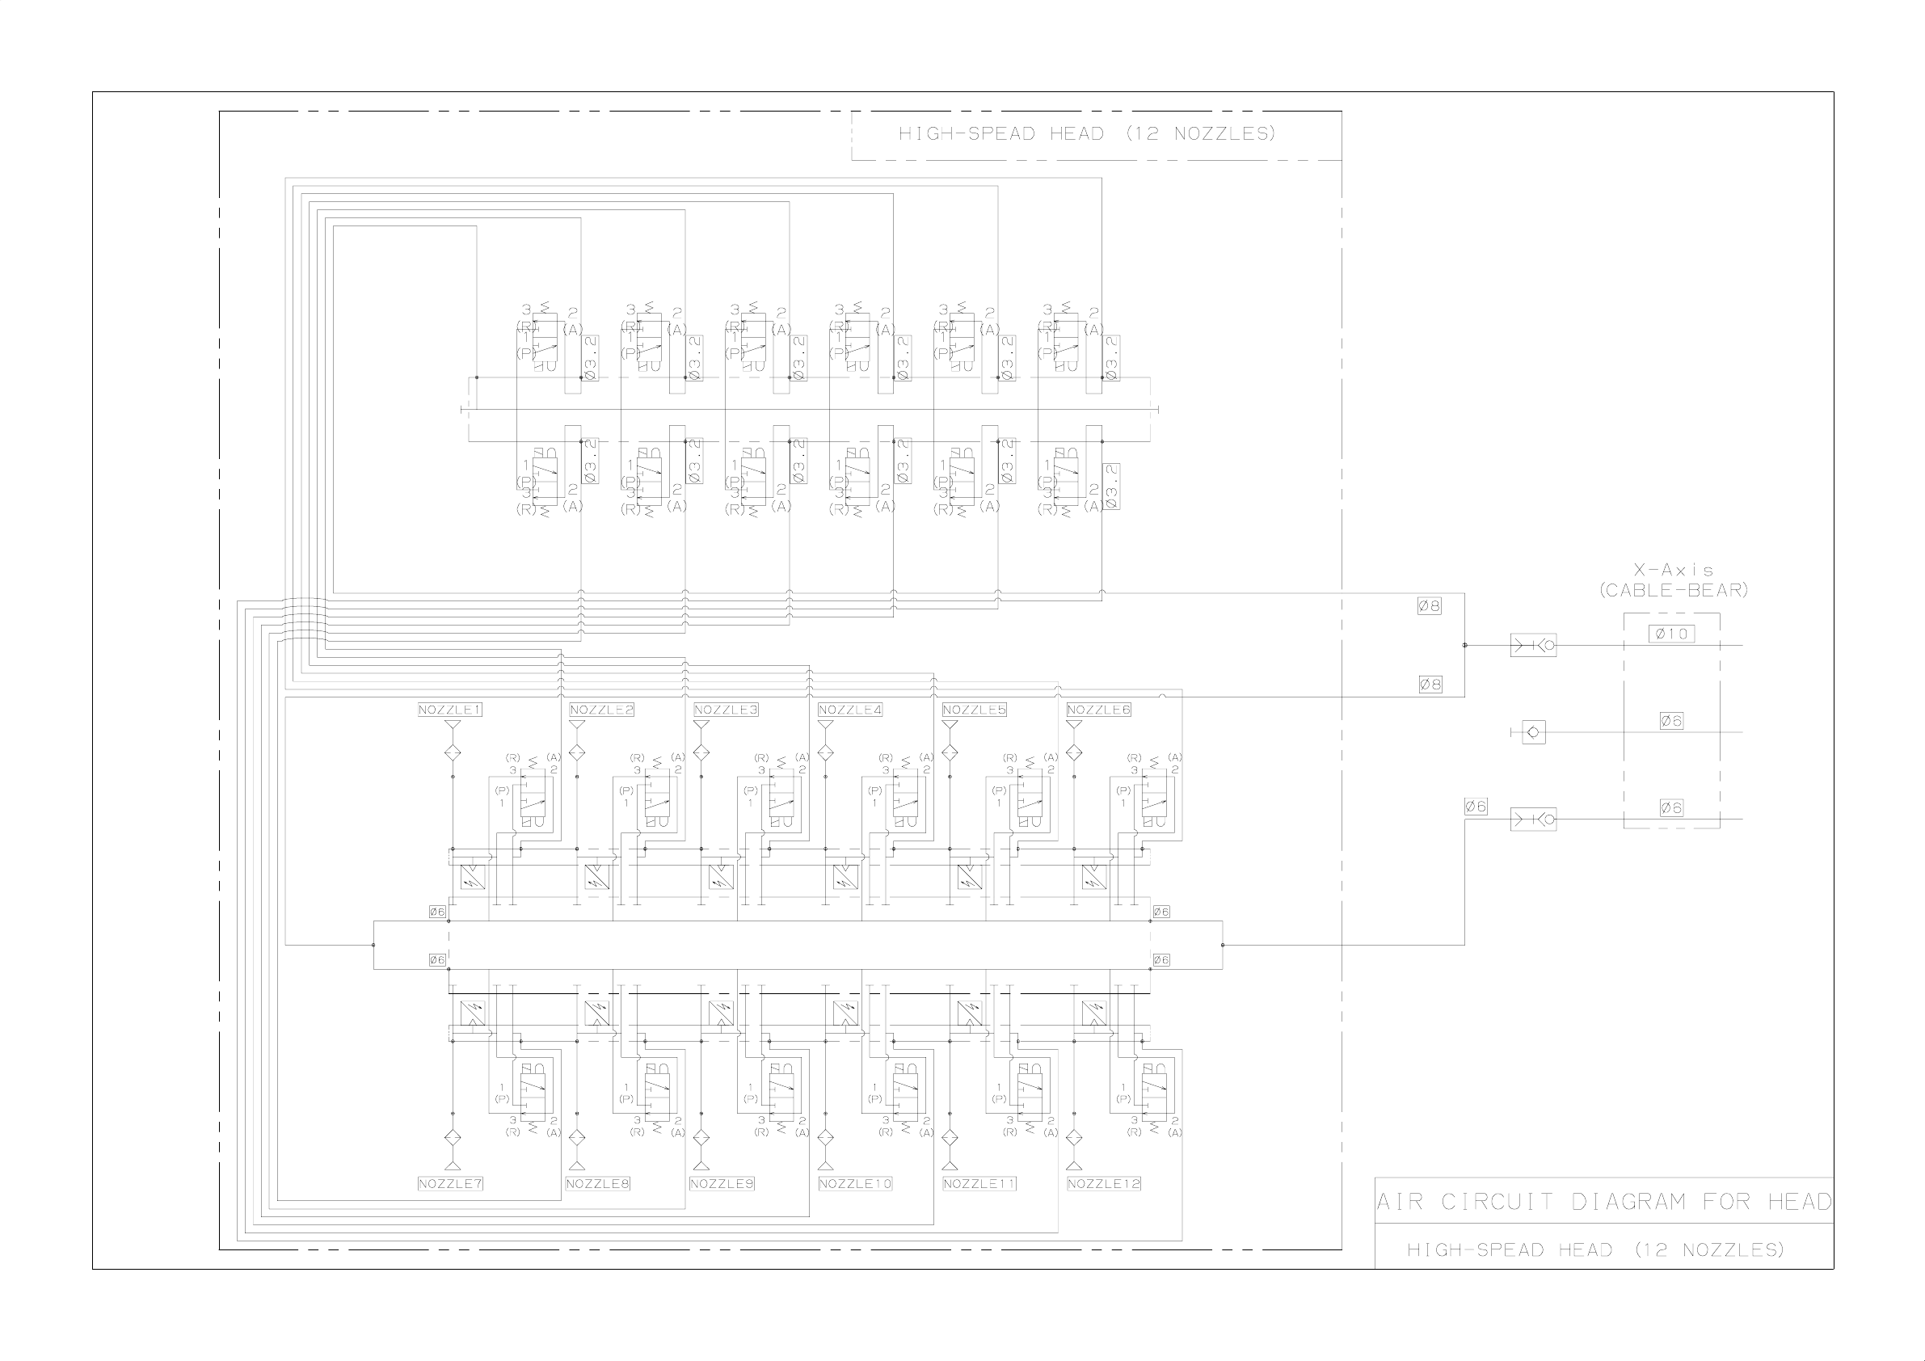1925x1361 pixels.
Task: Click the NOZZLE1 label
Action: tap(450, 710)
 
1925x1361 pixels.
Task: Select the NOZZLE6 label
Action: tap(1098, 710)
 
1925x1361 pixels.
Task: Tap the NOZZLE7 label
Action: tap(450, 1183)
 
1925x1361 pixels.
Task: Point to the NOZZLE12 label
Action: tap(1103, 1183)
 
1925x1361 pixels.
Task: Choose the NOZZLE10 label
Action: tap(855, 1183)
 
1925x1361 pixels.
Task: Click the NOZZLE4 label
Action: tap(850, 710)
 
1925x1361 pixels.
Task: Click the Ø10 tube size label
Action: tap(1671, 634)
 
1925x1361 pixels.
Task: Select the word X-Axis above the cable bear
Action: tap(1673, 571)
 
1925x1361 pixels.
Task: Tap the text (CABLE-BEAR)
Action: tap(1673, 590)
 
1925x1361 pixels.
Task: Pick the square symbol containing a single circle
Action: tap(1534, 732)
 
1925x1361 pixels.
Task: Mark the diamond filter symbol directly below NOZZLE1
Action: tap(453, 752)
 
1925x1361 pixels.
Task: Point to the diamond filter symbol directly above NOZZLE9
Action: tap(701, 1138)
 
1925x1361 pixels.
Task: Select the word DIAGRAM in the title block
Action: tap(1628, 1202)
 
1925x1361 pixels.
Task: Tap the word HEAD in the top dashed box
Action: tap(1076, 133)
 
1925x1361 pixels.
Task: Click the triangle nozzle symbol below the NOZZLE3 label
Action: tap(701, 726)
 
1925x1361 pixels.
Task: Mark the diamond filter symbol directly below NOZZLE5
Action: tap(949, 752)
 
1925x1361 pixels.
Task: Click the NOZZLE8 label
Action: tap(598, 1183)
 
